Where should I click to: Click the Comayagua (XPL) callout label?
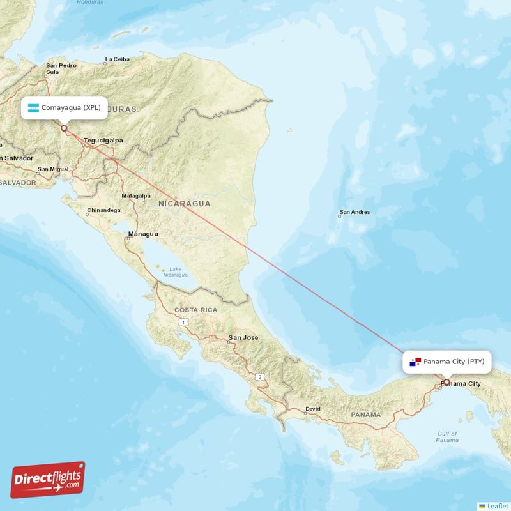pos(64,107)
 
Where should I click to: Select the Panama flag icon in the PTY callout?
pos(416,362)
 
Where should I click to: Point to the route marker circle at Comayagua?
pos(64,128)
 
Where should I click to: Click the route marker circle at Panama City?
pos(446,383)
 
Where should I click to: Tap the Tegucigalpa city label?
pos(103,140)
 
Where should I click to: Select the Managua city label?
pos(143,234)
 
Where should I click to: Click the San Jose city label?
pos(243,337)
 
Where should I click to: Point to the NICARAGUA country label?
pos(185,203)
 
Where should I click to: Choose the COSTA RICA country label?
pos(196,310)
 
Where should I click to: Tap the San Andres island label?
pos(355,213)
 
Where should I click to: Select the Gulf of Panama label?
pos(447,437)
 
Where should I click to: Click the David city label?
pos(312,409)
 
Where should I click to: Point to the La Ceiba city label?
pos(117,61)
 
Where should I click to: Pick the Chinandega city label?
pos(103,210)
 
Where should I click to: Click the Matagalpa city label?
pos(136,195)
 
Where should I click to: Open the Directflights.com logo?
pos(48,480)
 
